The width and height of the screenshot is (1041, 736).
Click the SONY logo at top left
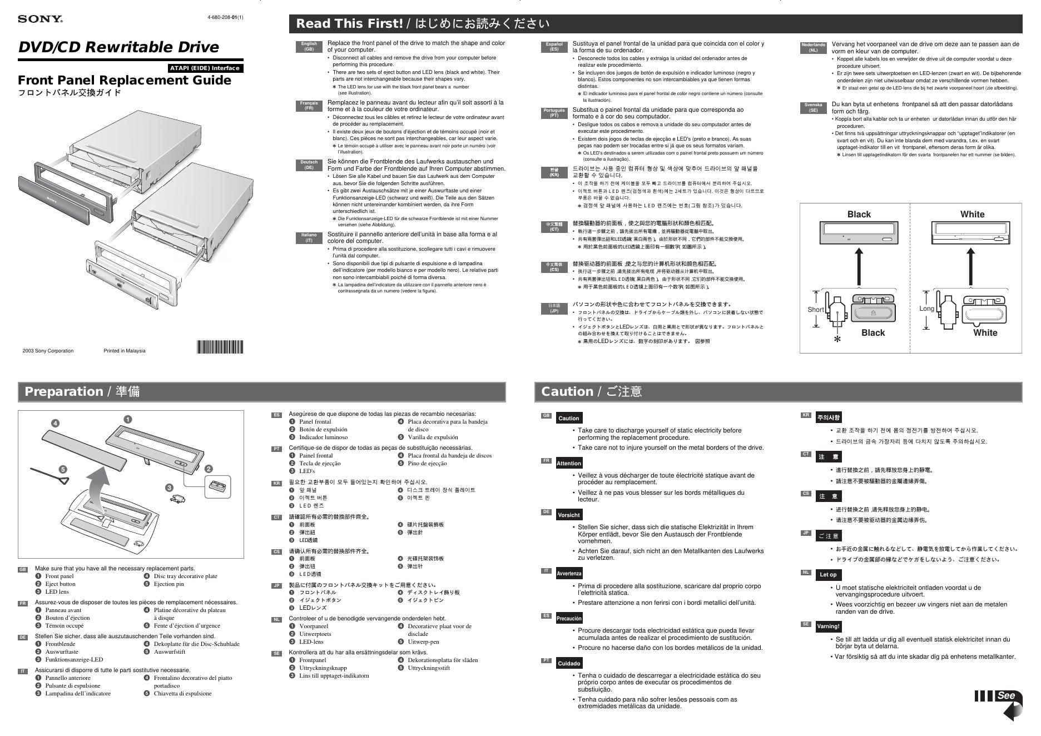pos(40,19)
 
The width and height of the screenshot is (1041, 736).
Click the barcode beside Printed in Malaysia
pos(220,347)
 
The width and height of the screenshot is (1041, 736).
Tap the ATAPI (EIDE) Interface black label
pos(205,68)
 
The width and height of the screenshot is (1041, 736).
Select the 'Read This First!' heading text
pos(349,24)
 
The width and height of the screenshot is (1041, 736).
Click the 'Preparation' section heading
pos(64,391)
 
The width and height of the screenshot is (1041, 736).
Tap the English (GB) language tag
pos(309,47)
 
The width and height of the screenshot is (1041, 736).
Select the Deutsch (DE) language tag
pos(309,165)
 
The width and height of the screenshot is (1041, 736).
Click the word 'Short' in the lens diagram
pos(815,310)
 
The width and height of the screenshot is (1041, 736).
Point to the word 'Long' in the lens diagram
pos(926,309)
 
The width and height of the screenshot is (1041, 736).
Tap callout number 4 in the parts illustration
pos(55,424)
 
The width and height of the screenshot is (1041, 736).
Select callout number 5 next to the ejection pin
pos(63,469)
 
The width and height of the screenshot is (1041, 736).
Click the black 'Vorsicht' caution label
pos(568,515)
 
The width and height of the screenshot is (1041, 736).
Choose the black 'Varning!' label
pos(828,626)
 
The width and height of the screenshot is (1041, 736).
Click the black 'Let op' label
pos(828,575)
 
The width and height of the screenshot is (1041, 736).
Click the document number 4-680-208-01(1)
pos(225,17)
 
